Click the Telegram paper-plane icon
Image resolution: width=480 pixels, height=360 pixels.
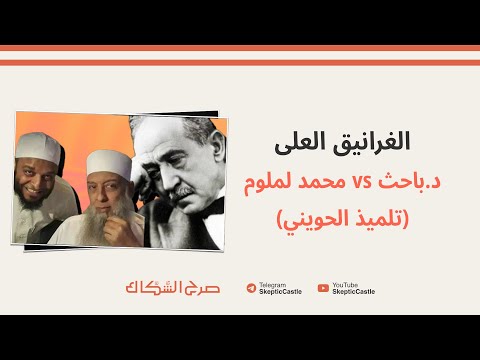[x=250, y=288]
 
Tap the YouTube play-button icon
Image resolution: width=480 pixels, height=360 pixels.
[x=323, y=288]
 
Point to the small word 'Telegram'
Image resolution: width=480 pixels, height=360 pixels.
[x=270, y=284]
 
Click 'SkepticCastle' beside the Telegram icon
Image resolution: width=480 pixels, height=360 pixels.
[x=279, y=292]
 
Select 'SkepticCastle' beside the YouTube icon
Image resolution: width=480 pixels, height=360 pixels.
[x=353, y=292]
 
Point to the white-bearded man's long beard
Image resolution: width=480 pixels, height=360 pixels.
[x=103, y=222]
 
